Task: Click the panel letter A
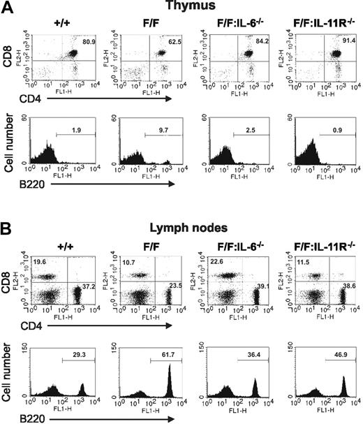(8, 6)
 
